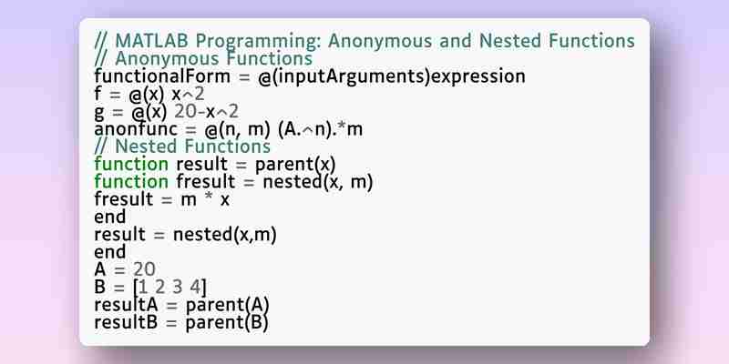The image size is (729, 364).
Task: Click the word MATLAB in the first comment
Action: coord(151,41)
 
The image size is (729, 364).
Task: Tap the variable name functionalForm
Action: coord(162,76)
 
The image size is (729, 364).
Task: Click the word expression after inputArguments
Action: coord(477,77)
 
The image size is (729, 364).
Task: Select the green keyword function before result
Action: coord(131,164)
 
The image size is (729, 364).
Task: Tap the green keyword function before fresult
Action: coord(131,181)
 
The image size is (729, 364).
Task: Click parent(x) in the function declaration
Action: coord(295,165)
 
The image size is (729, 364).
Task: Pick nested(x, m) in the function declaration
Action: coord(318,182)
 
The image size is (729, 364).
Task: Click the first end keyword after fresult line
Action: coord(109,217)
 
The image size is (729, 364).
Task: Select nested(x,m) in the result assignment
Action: coord(225,235)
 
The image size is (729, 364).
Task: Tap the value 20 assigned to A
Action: coord(144,269)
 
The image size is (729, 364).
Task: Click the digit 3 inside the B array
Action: coord(177,288)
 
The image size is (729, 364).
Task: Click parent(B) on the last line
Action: coord(227,323)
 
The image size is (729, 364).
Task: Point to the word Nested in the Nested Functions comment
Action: coord(146,147)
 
